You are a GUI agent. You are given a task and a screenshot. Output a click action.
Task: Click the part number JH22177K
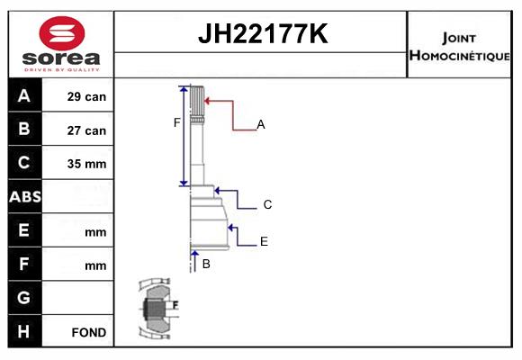point(263,33)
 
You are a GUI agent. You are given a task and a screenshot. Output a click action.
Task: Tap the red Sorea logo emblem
point(62,33)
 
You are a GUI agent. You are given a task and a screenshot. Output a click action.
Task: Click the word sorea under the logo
point(61,58)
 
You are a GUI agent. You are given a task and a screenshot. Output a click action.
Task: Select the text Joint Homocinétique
point(459,47)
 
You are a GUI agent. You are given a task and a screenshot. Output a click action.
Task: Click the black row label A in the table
point(24,96)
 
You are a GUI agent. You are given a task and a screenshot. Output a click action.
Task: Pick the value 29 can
point(86,96)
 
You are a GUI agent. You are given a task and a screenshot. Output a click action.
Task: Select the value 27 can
point(86,130)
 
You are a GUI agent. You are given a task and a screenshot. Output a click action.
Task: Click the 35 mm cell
point(86,164)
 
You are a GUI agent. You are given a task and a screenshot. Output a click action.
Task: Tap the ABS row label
point(25,197)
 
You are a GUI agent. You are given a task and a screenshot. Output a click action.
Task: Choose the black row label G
point(24,297)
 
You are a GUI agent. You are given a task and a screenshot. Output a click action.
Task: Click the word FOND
point(89,332)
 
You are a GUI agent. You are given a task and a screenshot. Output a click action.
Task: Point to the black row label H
point(24,331)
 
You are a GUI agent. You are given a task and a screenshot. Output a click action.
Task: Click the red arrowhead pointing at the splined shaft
point(206,101)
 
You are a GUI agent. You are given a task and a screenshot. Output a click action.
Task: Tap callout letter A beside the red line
point(261,124)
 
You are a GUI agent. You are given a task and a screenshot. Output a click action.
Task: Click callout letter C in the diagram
point(267,204)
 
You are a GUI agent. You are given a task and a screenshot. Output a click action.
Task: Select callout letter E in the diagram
point(264,241)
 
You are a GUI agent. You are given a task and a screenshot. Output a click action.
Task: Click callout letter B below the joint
point(206,264)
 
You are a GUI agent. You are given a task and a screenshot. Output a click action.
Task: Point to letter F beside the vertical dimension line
point(176,122)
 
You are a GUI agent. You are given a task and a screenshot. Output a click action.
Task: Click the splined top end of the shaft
point(197,101)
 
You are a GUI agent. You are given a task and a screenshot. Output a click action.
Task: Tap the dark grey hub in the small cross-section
point(154,309)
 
